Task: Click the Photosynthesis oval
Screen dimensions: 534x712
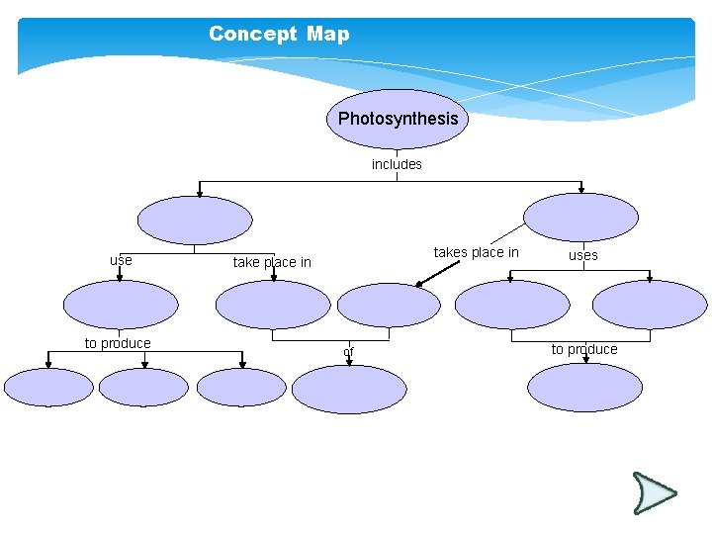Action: [398, 119]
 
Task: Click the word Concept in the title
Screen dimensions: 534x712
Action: [252, 34]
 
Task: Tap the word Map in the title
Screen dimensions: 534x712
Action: [327, 34]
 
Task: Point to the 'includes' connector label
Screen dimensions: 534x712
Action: [397, 164]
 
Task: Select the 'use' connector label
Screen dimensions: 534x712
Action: [121, 260]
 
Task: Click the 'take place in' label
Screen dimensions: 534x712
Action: [272, 262]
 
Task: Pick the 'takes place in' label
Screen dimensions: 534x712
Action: [476, 252]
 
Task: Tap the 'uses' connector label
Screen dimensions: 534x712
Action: [582, 255]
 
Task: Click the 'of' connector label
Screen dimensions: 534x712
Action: [348, 352]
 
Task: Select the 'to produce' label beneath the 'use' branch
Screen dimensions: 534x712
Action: [118, 343]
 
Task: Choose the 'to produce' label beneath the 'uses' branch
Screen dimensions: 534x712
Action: [584, 349]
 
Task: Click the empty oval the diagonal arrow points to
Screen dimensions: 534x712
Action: [389, 305]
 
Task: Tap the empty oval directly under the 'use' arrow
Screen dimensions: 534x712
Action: [121, 305]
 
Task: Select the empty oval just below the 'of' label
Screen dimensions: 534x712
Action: [349, 389]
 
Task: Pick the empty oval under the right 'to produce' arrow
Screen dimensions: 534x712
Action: [584, 388]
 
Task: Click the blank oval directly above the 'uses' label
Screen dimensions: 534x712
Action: [580, 217]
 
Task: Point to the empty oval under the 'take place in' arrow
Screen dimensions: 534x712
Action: [273, 305]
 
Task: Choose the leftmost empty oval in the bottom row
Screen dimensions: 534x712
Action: [48, 388]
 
